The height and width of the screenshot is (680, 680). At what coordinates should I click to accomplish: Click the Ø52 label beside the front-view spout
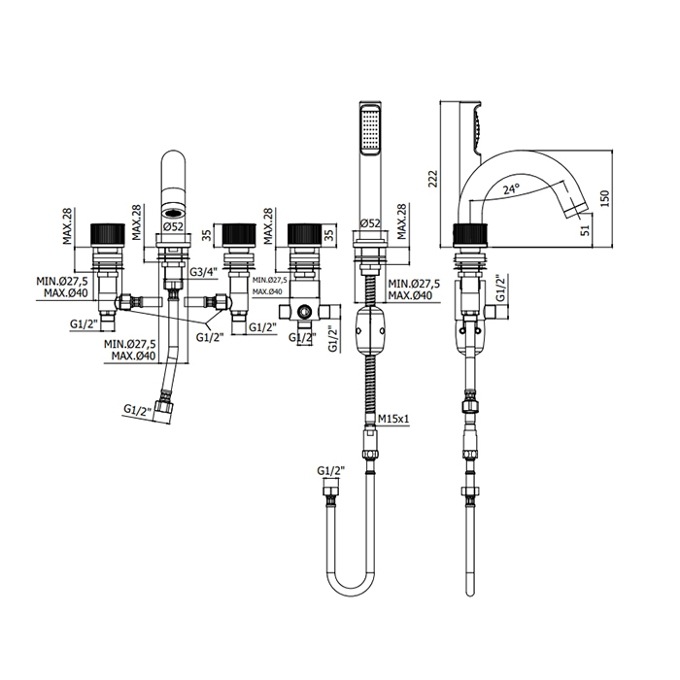(x=175, y=226)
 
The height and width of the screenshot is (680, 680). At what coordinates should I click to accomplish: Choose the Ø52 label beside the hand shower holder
(x=370, y=224)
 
